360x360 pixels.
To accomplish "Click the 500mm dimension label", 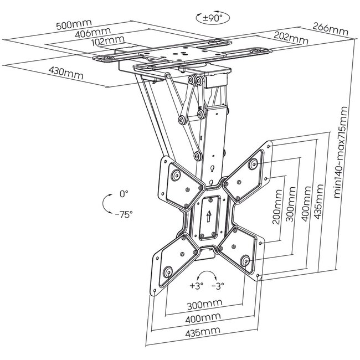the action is [x=74, y=24].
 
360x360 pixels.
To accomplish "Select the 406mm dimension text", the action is [x=93, y=32].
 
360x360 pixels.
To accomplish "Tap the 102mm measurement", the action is [x=107, y=41].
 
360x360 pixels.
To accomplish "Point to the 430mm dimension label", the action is [x=66, y=73].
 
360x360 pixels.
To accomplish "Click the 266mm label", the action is [x=331, y=29].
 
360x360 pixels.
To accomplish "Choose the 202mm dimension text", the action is [x=291, y=38].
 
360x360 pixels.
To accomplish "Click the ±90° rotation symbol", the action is [x=213, y=18].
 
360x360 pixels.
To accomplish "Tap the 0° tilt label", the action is [x=124, y=194].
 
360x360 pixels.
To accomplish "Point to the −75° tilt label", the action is [x=124, y=214].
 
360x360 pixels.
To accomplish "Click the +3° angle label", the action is [x=197, y=286].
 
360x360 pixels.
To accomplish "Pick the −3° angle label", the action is [x=218, y=286].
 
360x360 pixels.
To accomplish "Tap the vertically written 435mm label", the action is [x=318, y=202].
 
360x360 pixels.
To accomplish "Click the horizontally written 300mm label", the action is [x=204, y=305].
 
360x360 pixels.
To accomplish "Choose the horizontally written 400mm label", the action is [x=203, y=318].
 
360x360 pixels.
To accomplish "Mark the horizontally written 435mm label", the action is [x=203, y=331].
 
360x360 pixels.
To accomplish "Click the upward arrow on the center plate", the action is [x=209, y=217].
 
